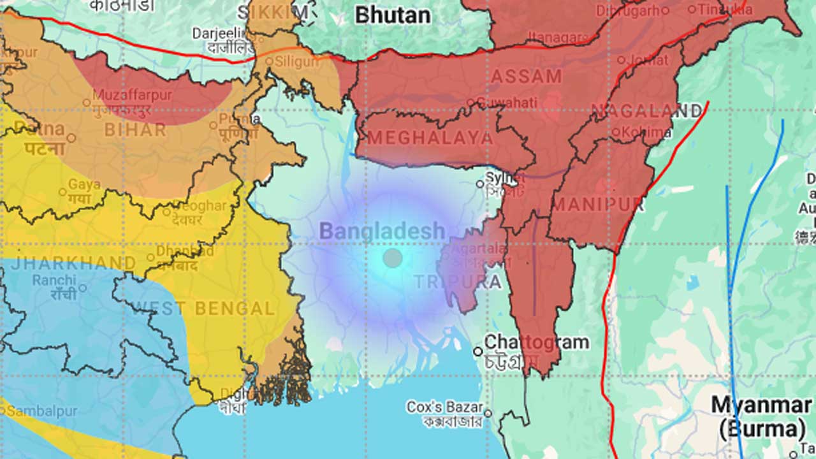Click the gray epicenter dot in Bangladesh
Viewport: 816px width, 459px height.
[x=393, y=258]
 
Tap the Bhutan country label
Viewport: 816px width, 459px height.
[x=393, y=15]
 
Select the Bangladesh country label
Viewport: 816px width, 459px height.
[x=382, y=231]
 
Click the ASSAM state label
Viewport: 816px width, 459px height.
[x=526, y=76]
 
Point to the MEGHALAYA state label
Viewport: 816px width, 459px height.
[x=430, y=138]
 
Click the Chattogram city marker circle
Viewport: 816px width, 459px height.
[x=477, y=351]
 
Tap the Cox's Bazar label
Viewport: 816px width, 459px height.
[x=445, y=407]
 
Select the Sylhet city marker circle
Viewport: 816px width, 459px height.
[x=480, y=184]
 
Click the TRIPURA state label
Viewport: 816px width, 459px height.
[x=457, y=281]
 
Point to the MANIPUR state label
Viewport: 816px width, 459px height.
[x=598, y=205]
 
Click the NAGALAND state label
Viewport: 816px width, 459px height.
[x=646, y=111]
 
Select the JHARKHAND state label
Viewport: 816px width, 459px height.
[x=74, y=263]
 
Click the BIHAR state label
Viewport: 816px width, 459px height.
[x=135, y=130]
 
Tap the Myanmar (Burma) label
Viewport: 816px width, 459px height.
[x=761, y=415]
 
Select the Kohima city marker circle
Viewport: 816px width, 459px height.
[x=616, y=133]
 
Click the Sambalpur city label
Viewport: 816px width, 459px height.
[x=41, y=411]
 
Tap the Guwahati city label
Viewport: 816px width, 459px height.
[x=507, y=103]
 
